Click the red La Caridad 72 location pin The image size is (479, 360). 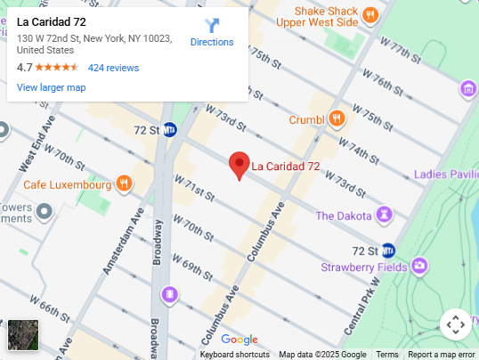pyautogui.click(x=239, y=165)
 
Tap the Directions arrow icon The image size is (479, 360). pyautogui.click(x=212, y=26)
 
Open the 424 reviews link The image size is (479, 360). pyautogui.click(x=113, y=68)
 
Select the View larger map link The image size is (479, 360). pyautogui.click(x=51, y=87)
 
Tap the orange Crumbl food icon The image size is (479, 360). pyautogui.click(x=337, y=119)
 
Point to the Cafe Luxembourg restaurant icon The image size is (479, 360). pyautogui.click(x=125, y=184)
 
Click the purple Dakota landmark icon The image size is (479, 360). pyautogui.click(x=384, y=215)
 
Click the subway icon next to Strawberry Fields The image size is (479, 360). pyautogui.click(x=387, y=250)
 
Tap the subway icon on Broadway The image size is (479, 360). pyautogui.click(x=170, y=130)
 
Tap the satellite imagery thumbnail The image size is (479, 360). pyautogui.click(x=23, y=335)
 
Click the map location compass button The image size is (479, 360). pyautogui.click(x=454, y=323)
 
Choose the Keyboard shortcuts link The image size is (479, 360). pyautogui.click(x=234, y=355)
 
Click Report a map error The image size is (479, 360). pyautogui.click(x=442, y=355)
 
